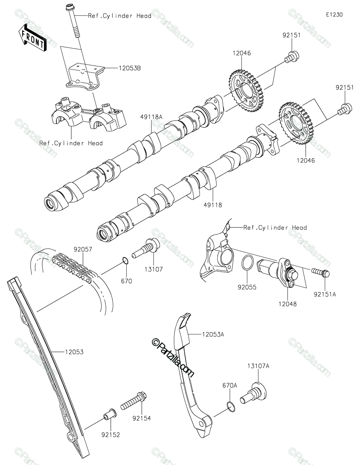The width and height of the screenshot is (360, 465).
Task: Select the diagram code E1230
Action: tap(334, 15)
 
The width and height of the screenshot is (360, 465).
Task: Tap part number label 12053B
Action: tap(119, 68)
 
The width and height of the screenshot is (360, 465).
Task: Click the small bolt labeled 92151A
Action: tap(321, 274)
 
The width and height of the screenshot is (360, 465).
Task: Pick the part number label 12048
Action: tap(287, 304)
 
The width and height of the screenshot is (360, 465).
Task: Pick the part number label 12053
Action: tap(74, 352)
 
